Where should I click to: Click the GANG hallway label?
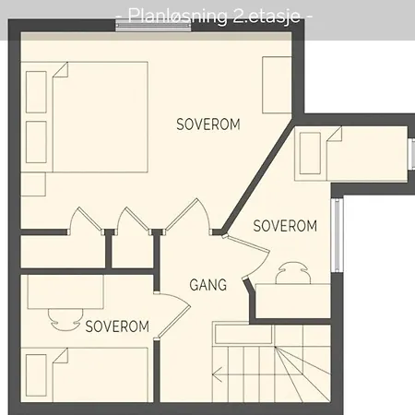208,285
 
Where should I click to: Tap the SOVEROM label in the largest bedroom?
208,125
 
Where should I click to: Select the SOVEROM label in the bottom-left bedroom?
117,326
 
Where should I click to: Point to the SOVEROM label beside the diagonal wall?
285,226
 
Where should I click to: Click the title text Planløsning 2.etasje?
214,16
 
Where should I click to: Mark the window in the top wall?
153,25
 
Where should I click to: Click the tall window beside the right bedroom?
338,235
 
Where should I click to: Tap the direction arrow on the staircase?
217,374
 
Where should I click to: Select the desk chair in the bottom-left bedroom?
65,320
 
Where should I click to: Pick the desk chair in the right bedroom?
293,273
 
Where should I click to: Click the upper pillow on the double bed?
36,92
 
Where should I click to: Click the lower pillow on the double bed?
36,142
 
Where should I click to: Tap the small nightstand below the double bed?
33,184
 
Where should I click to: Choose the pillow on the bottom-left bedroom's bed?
36,375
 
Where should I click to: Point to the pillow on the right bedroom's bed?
310,153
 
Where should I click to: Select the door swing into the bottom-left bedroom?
173,316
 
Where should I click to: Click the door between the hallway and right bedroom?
248,256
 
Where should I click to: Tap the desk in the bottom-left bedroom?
65,291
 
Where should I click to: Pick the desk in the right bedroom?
293,301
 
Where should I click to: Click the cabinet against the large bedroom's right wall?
277,85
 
